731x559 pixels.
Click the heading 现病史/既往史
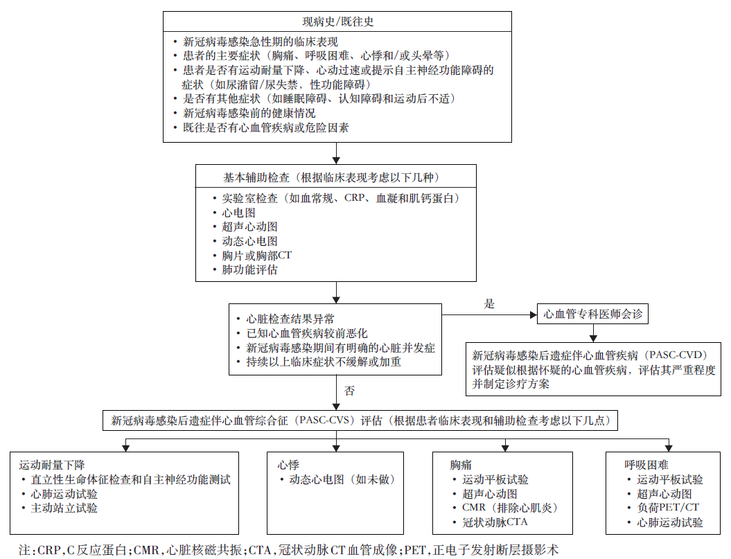[337, 21]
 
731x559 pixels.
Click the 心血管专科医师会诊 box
[592, 314]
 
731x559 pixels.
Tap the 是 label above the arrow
[489, 304]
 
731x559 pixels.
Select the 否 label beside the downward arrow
[350, 391]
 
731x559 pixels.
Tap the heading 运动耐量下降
[52, 465]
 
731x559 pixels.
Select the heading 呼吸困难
[646, 465]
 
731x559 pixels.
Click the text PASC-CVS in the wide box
[324, 420]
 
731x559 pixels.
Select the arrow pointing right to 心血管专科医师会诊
[489, 314]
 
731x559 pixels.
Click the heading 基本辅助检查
[256, 177]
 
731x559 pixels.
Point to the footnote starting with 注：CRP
[288, 550]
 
